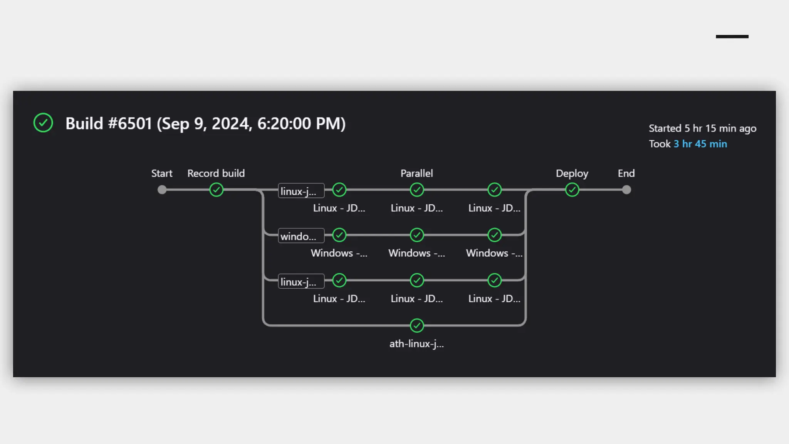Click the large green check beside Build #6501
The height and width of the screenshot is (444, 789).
click(43, 123)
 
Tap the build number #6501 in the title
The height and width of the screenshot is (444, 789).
click(130, 124)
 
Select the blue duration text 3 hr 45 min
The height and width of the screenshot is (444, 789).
click(700, 144)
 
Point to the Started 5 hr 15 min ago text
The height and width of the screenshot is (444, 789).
click(702, 128)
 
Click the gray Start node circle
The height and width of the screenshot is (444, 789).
click(162, 190)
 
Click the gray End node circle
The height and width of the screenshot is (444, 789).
click(626, 190)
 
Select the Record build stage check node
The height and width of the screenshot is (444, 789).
click(217, 190)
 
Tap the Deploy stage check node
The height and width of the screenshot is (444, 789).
click(572, 190)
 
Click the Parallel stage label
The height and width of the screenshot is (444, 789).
click(416, 173)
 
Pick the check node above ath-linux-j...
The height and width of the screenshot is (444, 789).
click(417, 326)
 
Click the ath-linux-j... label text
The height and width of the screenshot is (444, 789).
click(416, 344)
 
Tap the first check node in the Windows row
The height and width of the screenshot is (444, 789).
click(339, 235)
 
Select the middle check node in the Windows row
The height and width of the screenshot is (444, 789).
click(417, 235)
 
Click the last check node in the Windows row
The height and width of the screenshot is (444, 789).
click(495, 235)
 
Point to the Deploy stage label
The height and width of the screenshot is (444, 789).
click(572, 173)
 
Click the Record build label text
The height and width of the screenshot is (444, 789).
click(216, 173)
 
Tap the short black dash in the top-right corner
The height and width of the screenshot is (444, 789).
click(732, 37)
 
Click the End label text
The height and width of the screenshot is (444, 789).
click(626, 173)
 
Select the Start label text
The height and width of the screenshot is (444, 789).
click(162, 173)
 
